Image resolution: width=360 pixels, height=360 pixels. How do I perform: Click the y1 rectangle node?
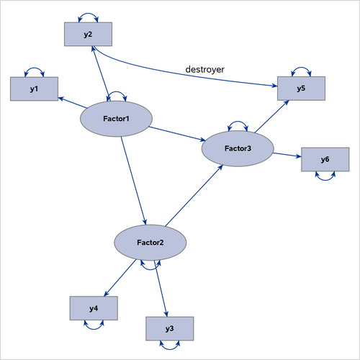pyautogui.click(x=34, y=89)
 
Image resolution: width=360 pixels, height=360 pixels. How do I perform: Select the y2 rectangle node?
pyautogui.click(x=88, y=33)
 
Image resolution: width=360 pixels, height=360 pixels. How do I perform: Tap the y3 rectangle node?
pyautogui.click(x=169, y=328)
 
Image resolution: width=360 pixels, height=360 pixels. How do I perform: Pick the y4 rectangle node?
pyautogui.click(x=94, y=308)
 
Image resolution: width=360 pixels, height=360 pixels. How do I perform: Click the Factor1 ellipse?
pyautogui.click(x=115, y=118)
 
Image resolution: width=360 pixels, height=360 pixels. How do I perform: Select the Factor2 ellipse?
pyautogui.click(x=150, y=243)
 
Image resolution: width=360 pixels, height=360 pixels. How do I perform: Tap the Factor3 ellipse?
pyautogui.click(x=238, y=148)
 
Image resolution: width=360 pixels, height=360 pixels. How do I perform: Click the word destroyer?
pyautogui.click(x=205, y=69)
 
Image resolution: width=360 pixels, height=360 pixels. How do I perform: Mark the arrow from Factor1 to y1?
pyautogui.click(x=71, y=102)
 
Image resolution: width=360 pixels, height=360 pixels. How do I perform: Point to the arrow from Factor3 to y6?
pyautogui.click(x=287, y=154)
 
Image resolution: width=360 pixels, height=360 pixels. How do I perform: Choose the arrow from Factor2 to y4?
pyautogui.click(x=120, y=279)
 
